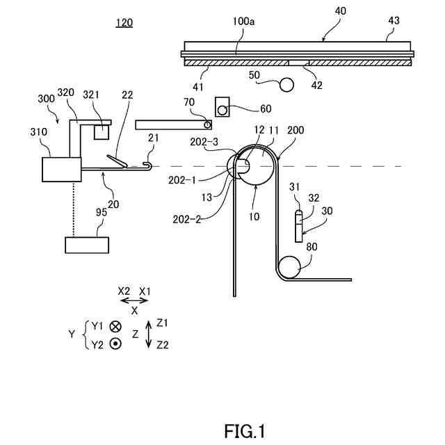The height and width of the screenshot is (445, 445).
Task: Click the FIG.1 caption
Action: [x=245, y=431]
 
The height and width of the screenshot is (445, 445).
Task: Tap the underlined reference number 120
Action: [x=124, y=23]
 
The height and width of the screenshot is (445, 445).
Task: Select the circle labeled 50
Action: [x=286, y=85]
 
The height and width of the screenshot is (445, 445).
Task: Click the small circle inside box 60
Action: [x=222, y=110]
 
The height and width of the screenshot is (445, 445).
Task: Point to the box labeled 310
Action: [x=62, y=170]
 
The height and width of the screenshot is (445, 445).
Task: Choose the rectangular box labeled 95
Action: [x=87, y=245]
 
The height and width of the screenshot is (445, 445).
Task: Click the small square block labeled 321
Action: [x=102, y=132]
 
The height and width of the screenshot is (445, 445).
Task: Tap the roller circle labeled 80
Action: [x=290, y=267]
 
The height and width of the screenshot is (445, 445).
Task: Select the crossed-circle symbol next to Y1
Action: [x=115, y=326]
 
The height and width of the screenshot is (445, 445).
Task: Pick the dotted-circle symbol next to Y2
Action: [x=115, y=344]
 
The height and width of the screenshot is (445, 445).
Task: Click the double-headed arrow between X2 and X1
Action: [x=134, y=301]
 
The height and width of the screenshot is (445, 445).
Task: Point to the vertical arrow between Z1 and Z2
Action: [x=148, y=334]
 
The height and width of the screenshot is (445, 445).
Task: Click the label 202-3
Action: [x=204, y=142]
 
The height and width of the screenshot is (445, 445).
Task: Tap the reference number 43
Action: [x=394, y=20]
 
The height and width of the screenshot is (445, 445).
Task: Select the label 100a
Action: [x=243, y=22]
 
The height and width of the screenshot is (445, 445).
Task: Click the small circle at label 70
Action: [x=207, y=124]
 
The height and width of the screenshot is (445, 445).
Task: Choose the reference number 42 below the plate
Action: [x=317, y=86]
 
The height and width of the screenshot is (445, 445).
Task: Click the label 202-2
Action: [x=187, y=219]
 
